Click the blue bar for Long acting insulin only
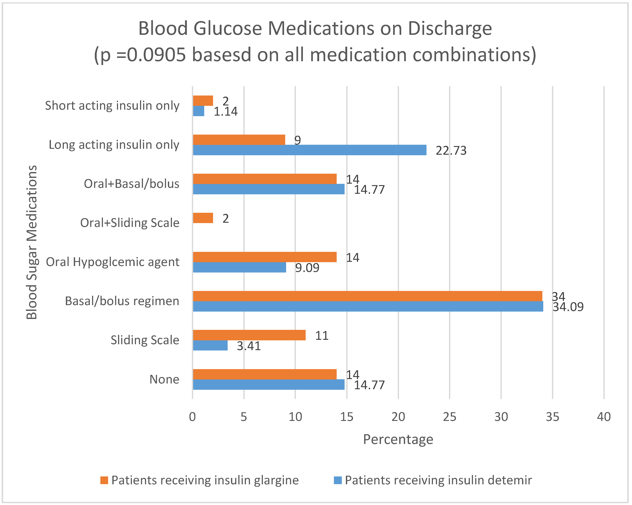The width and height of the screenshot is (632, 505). click(310, 150)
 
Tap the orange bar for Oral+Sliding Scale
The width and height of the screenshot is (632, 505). click(203, 218)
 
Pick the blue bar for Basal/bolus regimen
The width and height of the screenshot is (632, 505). click(368, 306)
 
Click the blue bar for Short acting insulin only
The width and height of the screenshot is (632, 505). click(198, 111)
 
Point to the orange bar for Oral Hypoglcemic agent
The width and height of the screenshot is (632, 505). click(265, 257)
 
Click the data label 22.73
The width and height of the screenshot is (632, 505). click(451, 151)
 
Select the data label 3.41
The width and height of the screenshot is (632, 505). click(249, 346)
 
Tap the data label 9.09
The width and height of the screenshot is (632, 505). click(307, 268)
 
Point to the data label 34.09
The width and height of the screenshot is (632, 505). click(568, 307)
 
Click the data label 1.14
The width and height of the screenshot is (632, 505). click(225, 112)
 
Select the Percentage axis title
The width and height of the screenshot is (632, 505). click(398, 439)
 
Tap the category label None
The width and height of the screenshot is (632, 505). click(164, 379)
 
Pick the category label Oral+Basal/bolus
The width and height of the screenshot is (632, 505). click(131, 184)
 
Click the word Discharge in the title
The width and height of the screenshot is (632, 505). click(450, 29)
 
